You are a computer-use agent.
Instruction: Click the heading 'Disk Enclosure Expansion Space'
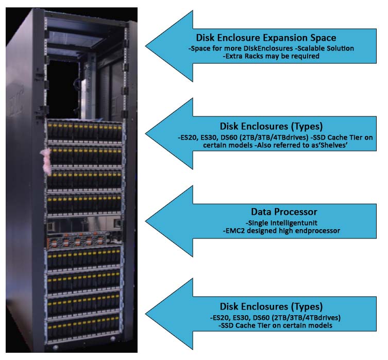click(266, 38)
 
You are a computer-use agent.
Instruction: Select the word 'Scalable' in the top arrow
click(302, 48)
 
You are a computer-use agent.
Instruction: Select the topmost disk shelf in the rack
click(85, 132)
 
